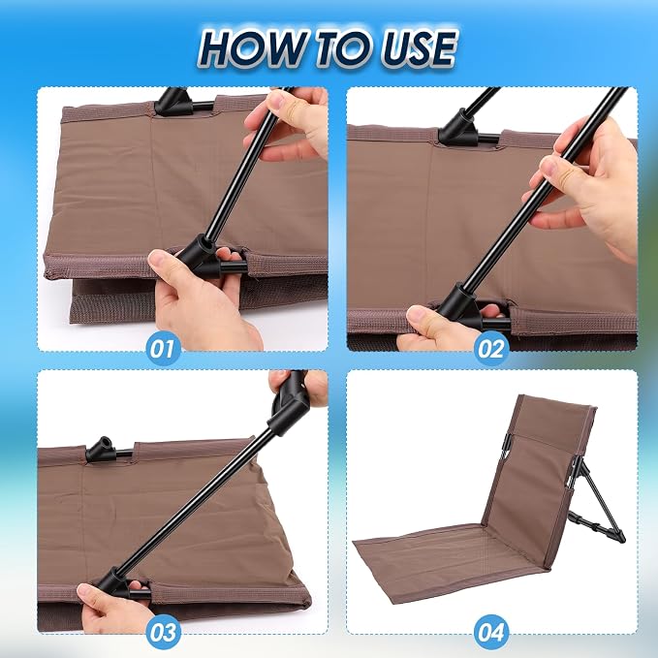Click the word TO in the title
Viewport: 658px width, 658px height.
click(340, 49)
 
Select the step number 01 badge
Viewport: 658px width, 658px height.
click(163, 348)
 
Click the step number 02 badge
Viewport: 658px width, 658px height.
click(491, 348)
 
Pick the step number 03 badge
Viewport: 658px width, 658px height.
click(163, 633)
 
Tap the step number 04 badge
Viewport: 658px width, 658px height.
click(491, 633)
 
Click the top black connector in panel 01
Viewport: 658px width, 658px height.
click(173, 102)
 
